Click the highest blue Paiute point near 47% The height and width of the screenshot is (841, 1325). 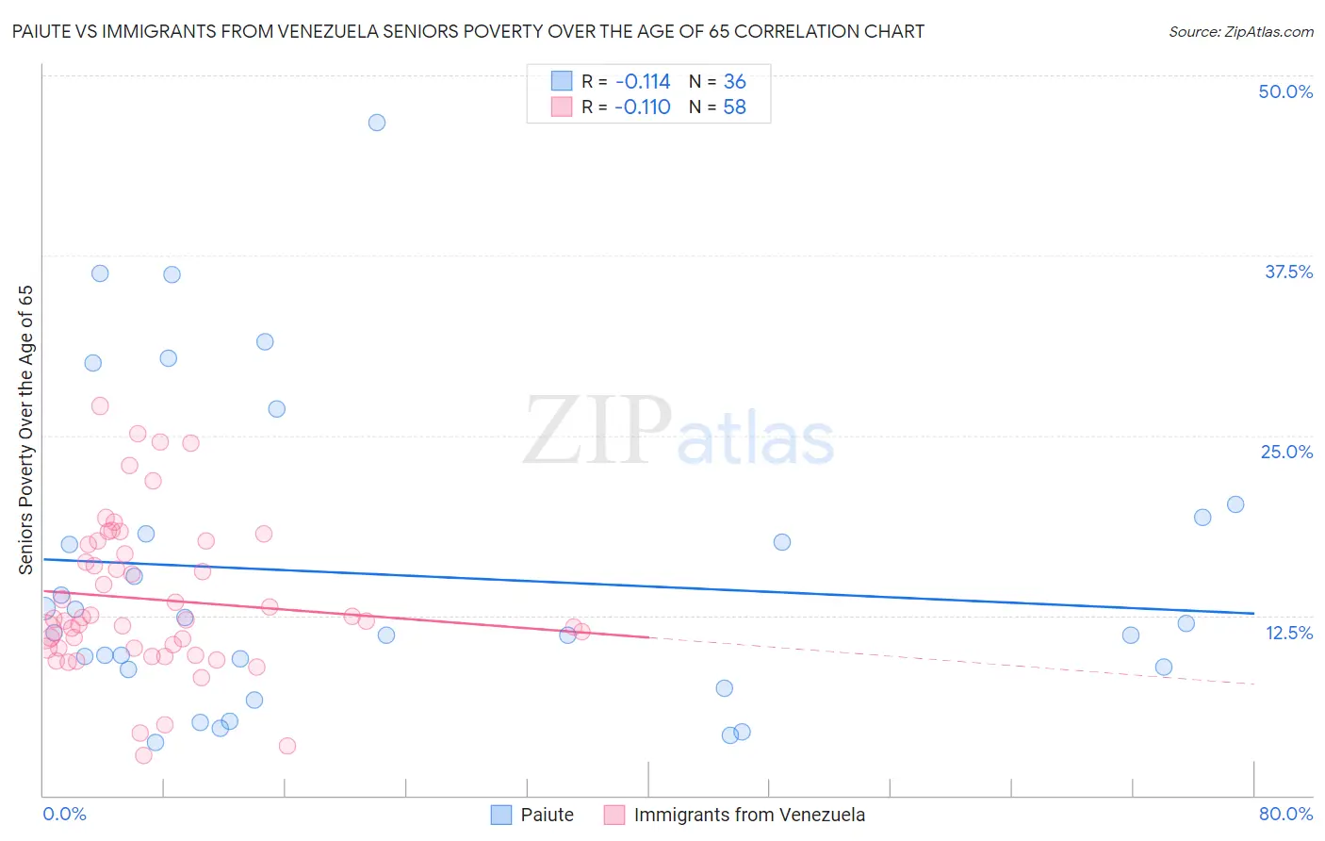pyautogui.click(x=377, y=123)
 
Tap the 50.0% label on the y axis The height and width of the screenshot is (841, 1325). pyautogui.click(x=1285, y=91)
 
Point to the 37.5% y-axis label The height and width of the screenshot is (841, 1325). pyautogui.click(x=1288, y=272)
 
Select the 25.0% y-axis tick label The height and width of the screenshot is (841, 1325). pyautogui.click(x=1286, y=452)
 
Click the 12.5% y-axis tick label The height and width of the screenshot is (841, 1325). pyautogui.click(x=1288, y=633)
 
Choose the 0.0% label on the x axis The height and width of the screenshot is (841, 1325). pyautogui.click(x=64, y=814)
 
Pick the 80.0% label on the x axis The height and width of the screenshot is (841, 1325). pyautogui.click(x=1285, y=814)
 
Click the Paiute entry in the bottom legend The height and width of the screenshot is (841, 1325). pyautogui.click(x=547, y=815)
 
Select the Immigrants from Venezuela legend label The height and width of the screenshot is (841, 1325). pyautogui.click(x=749, y=815)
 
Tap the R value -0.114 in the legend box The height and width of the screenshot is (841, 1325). pyautogui.click(x=643, y=82)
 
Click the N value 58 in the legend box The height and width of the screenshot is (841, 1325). pyautogui.click(x=734, y=107)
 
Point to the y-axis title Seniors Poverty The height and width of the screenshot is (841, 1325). pyautogui.click(x=25, y=430)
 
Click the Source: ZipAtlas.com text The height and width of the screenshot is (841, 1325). pyautogui.click(x=1240, y=31)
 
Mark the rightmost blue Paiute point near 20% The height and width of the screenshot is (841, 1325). pyautogui.click(x=1235, y=504)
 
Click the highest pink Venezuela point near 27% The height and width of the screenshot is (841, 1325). pyautogui.click(x=100, y=406)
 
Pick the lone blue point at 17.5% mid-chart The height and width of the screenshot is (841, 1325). pyautogui.click(x=782, y=542)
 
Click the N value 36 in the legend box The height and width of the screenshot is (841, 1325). pyautogui.click(x=734, y=82)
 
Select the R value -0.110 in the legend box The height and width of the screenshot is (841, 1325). pyautogui.click(x=643, y=107)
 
